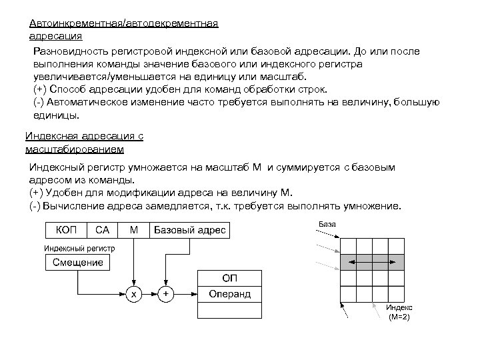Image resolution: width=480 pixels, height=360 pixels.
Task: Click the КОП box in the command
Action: click(x=65, y=230)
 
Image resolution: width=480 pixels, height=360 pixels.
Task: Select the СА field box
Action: click(x=102, y=230)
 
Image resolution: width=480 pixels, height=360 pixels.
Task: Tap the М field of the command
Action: click(x=134, y=230)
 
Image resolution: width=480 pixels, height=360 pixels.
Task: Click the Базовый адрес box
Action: click(x=190, y=230)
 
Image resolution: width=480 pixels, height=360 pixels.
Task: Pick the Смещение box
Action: click(x=78, y=262)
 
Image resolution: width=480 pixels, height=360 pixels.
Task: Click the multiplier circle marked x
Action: click(x=134, y=293)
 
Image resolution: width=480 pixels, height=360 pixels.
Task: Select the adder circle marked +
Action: click(x=166, y=293)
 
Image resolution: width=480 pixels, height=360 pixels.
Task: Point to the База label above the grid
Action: click(x=327, y=224)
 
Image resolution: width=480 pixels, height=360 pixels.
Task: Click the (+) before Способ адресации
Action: click(x=39, y=89)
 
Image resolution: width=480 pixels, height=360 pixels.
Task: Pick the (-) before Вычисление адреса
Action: click(x=35, y=205)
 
